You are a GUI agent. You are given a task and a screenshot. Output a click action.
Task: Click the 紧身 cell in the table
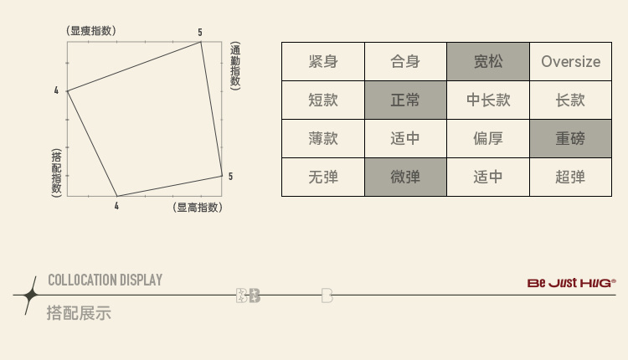(322, 61)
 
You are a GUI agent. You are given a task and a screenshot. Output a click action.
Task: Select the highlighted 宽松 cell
(488, 61)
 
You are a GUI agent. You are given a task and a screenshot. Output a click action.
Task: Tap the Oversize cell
(570, 61)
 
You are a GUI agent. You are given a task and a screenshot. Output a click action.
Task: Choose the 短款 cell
(322, 100)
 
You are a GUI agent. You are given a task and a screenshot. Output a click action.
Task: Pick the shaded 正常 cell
(405, 100)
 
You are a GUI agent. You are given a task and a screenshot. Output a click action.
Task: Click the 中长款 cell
(488, 100)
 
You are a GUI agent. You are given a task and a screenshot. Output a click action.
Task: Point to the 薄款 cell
(322, 138)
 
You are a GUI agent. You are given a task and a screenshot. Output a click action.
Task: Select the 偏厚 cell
(488, 138)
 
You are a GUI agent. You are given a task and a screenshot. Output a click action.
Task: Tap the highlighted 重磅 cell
(570, 138)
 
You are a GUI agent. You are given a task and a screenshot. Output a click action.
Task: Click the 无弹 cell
(322, 177)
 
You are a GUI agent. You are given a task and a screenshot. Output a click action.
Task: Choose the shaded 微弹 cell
(405, 177)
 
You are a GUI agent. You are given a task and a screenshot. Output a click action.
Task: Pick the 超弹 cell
(570, 177)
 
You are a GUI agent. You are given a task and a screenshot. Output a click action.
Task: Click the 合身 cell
(405, 61)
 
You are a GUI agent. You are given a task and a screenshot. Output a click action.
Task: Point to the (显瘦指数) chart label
(91, 31)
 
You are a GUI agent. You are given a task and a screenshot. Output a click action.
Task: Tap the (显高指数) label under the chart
(198, 208)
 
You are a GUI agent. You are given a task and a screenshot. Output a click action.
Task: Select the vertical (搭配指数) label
(57, 172)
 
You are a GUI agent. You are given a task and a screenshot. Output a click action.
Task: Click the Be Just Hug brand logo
(572, 283)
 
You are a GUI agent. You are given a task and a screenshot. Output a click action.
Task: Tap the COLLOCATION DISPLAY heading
(105, 280)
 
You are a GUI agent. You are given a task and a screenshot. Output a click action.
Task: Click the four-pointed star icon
(30, 295)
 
